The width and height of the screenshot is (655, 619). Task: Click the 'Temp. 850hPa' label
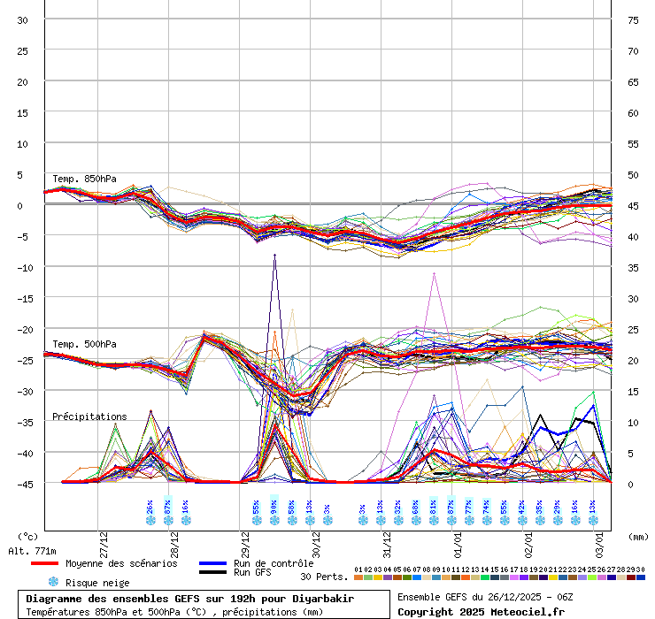84,179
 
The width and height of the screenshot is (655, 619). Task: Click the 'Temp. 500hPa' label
84,344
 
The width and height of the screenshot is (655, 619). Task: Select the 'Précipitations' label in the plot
89,416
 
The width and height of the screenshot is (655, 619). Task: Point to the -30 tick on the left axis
23,391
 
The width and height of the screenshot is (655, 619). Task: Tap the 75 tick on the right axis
633,19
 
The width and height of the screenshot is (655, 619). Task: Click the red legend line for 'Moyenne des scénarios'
56,563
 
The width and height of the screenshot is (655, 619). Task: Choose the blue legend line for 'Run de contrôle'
212,563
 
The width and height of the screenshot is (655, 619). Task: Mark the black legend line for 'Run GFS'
212,573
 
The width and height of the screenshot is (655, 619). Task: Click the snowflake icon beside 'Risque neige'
53,582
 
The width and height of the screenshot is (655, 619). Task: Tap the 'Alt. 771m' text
34,551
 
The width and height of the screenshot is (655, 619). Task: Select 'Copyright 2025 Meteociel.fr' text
481,611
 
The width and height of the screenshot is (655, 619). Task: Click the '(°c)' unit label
28,536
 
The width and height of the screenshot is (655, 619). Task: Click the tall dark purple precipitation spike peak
275,255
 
